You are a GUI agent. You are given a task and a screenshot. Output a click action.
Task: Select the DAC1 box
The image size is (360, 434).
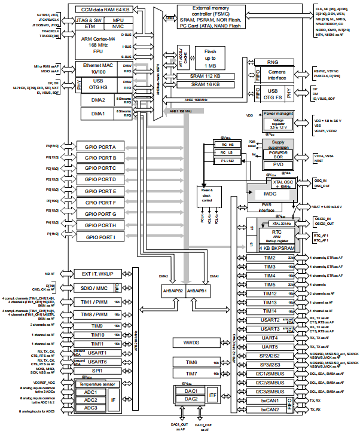point(191,390)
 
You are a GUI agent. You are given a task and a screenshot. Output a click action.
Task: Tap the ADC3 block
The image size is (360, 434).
point(91,408)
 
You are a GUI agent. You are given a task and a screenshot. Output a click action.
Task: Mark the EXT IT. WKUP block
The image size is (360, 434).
point(98,273)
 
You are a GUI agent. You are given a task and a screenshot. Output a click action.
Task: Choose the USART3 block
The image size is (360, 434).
point(270,329)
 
